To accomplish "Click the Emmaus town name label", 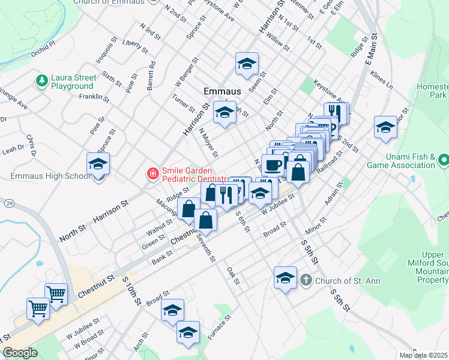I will (222, 91).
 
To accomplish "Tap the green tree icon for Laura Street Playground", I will (41, 80).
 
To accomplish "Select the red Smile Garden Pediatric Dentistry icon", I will (153, 174).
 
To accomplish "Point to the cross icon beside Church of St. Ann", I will (306, 280).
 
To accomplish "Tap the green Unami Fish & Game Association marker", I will (444, 160).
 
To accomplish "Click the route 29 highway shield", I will (10, 205).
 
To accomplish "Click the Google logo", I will (20, 353).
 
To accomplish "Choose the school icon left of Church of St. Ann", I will (285, 277).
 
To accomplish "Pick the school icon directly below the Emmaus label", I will (225, 112).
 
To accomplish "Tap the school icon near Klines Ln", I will (385, 127).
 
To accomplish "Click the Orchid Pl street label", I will (44, 44).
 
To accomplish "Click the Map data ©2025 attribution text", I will (423, 355).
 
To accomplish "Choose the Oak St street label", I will (234, 276).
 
